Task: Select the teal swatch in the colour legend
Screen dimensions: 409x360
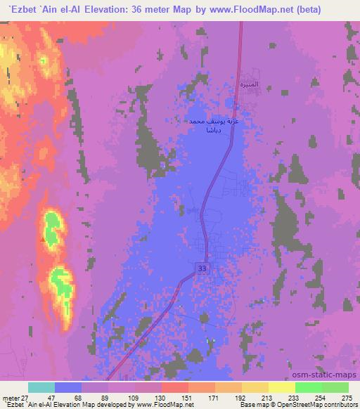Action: click(41, 387)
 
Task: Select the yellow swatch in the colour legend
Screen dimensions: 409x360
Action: click(281, 387)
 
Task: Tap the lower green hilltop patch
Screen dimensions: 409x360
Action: click(62, 281)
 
